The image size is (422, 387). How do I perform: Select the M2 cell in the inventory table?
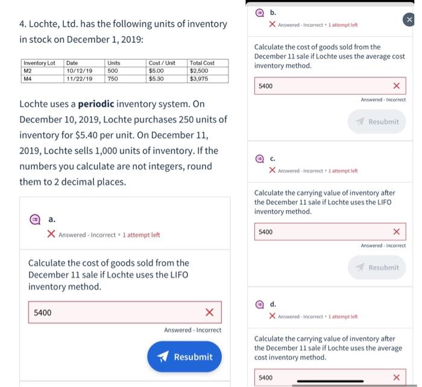pos(28,71)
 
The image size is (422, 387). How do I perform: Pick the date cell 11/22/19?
pos(79,78)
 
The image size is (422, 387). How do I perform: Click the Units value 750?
pos(113,78)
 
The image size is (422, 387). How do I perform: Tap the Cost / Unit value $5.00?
pos(156,71)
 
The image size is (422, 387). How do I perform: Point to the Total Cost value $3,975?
pos(200,78)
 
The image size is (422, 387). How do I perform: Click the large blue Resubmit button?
pos(184,357)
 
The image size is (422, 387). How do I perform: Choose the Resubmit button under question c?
pos(377,267)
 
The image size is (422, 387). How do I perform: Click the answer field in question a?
pos(115,312)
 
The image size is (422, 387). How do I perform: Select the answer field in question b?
pos(323,86)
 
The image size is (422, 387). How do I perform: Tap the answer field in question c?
pos(323,232)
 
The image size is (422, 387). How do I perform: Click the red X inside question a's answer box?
pos(209,312)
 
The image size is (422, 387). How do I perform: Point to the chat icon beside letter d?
pos(259,304)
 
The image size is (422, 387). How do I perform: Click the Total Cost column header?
pos(202,63)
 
